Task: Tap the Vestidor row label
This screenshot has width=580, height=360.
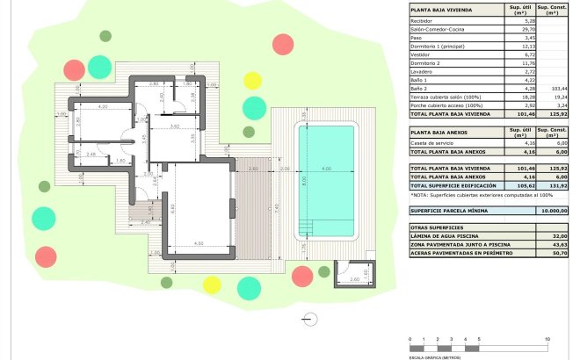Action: (423, 54)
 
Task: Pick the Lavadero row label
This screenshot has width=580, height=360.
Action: (424, 71)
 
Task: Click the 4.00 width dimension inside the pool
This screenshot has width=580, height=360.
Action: (326, 169)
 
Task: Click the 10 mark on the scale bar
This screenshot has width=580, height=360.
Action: (547, 338)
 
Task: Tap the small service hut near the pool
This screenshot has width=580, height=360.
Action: (354, 276)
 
